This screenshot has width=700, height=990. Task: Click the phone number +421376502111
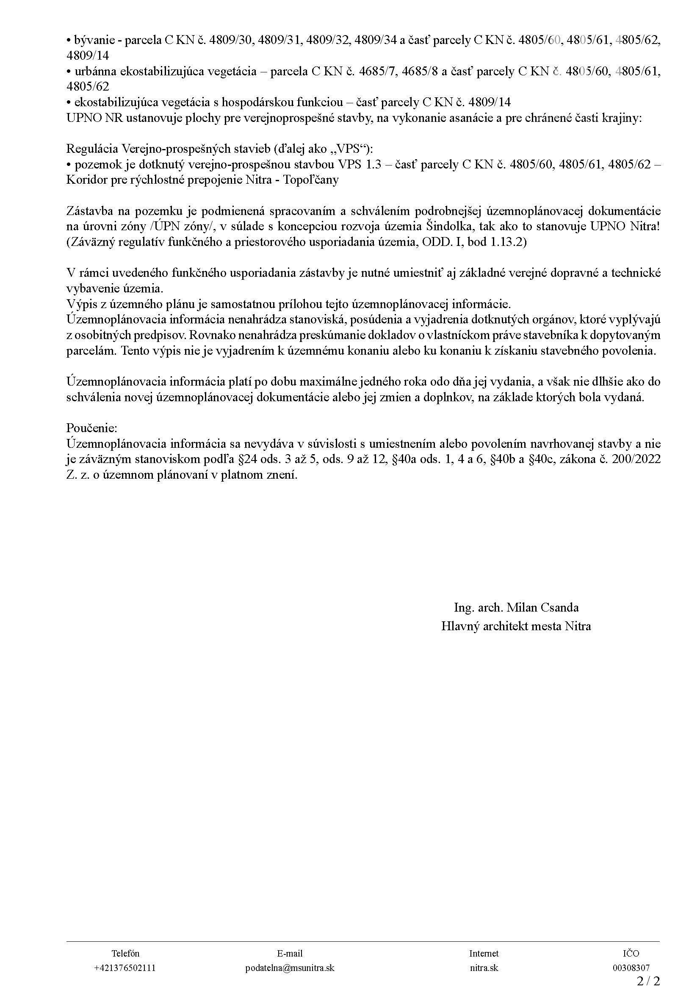click(125, 968)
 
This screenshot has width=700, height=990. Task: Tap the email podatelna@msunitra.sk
click(290, 968)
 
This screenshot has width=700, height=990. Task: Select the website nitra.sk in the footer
click(484, 968)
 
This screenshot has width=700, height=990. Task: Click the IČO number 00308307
click(631, 968)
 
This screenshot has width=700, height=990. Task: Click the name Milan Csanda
click(542, 607)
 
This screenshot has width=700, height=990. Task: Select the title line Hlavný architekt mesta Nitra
click(516, 626)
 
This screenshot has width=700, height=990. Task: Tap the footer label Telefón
click(125, 953)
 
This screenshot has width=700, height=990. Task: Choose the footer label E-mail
click(290, 953)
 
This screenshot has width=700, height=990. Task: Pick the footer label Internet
click(484, 953)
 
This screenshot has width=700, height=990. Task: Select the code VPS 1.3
click(360, 165)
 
